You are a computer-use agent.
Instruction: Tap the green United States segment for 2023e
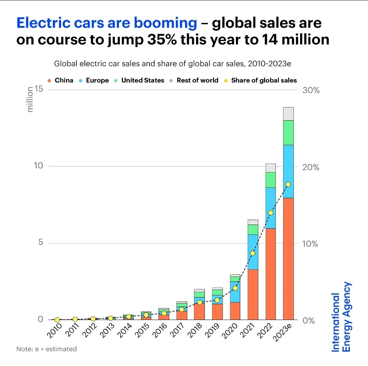coord(288,133)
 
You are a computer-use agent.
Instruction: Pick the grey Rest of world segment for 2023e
coord(288,114)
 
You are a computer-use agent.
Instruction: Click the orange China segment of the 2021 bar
coord(252,294)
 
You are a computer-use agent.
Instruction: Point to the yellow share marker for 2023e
coord(288,184)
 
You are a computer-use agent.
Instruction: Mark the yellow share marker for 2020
coord(235,288)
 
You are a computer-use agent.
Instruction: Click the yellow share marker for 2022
coord(271,213)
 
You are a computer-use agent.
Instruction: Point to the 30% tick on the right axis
coord(311,91)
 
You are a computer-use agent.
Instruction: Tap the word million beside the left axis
coord(30,100)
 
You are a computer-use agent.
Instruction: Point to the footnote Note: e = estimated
coord(47,349)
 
